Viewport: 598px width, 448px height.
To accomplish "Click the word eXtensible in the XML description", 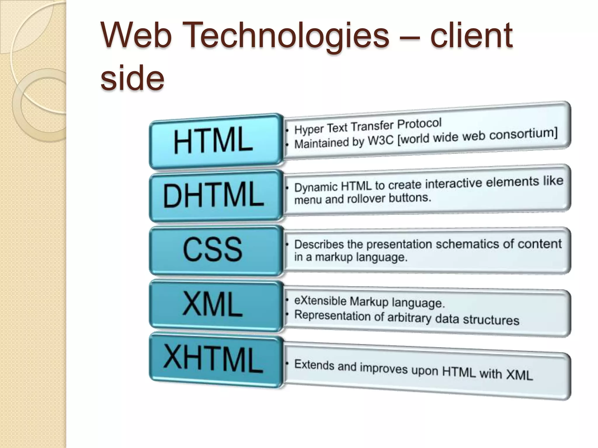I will tap(320, 301).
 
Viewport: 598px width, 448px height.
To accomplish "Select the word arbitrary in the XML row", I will tap(409, 317).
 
